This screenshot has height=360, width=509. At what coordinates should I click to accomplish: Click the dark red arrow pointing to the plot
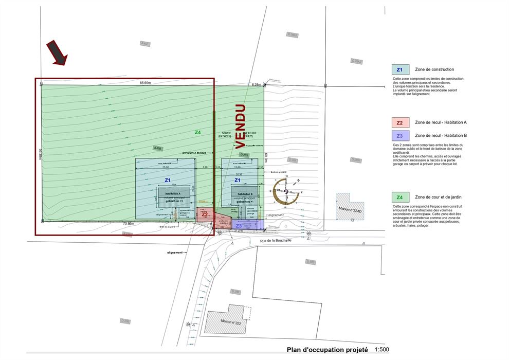click(57, 53)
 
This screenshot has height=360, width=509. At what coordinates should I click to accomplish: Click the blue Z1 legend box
click(399, 69)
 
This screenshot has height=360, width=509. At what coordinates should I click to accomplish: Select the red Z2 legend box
click(399, 123)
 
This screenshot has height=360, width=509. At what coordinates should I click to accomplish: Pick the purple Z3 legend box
click(399, 136)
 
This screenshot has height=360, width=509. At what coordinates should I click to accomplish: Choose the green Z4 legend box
click(399, 197)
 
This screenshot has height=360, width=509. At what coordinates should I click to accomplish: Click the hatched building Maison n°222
click(224, 320)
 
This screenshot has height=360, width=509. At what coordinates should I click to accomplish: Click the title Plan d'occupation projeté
click(327, 350)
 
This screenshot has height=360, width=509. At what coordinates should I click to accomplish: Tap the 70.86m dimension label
click(128, 224)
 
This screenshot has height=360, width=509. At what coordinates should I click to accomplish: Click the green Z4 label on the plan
click(197, 132)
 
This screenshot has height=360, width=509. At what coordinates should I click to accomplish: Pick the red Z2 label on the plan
click(205, 214)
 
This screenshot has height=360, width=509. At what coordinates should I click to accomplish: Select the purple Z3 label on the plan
click(238, 225)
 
